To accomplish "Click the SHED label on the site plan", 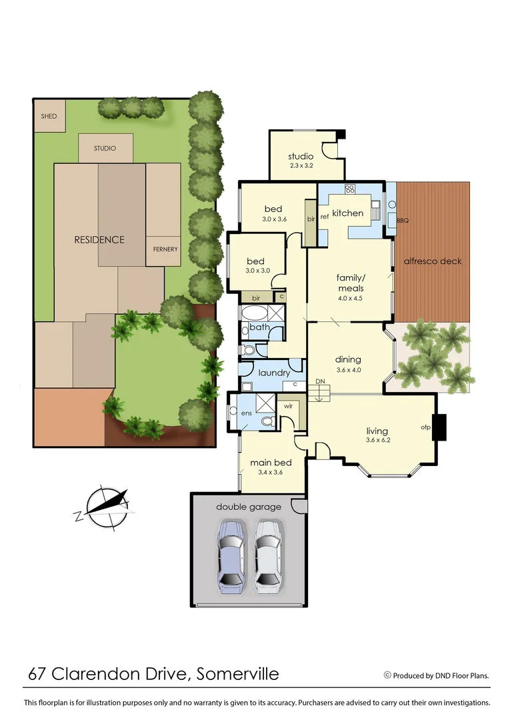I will [x=49, y=116].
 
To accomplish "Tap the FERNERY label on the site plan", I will [x=164, y=249].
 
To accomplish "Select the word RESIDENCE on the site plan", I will [x=99, y=239].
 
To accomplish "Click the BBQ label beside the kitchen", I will [x=402, y=219].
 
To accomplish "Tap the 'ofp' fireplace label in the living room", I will [x=425, y=427].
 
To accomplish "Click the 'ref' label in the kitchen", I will [x=325, y=216].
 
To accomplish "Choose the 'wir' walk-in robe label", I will [x=289, y=405].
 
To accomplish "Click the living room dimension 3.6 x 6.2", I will [x=377, y=440].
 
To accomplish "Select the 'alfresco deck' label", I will [x=433, y=261].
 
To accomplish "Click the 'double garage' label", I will [x=249, y=507].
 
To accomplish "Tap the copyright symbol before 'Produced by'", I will [x=387, y=675].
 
